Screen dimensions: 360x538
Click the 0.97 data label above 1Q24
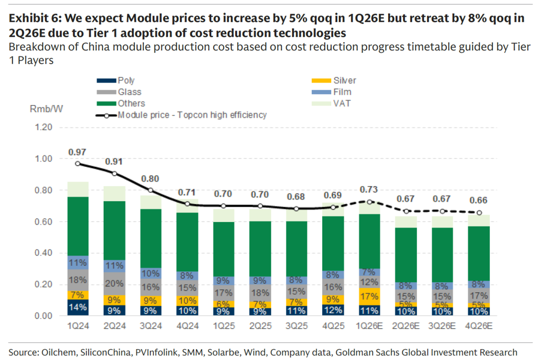tap(77, 151)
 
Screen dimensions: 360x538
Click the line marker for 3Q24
tap(150, 190)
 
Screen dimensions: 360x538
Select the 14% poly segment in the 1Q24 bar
tap(77, 308)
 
